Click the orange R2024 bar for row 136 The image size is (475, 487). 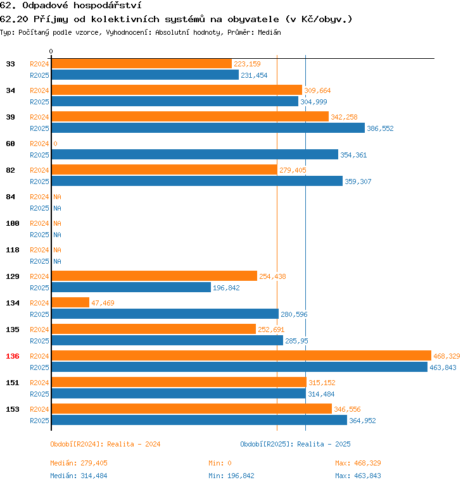(241, 355)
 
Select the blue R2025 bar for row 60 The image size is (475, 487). (194, 154)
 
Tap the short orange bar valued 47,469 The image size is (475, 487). (70, 302)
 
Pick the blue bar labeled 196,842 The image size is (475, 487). (131, 287)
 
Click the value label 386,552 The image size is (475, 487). (380, 128)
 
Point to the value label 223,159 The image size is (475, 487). (247, 64)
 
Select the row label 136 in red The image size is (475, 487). (13, 356)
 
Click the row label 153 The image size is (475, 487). (13, 409)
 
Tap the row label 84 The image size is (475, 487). (11, 197)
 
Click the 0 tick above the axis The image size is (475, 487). (51, 51)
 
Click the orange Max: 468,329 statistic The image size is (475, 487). (358, 463)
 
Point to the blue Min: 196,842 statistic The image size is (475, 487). (231, 476)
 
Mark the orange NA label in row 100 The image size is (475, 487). (57, 223)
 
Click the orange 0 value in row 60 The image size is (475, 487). (55, 144)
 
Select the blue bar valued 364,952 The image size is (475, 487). (199, 420)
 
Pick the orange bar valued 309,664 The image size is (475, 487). (177, 90)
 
